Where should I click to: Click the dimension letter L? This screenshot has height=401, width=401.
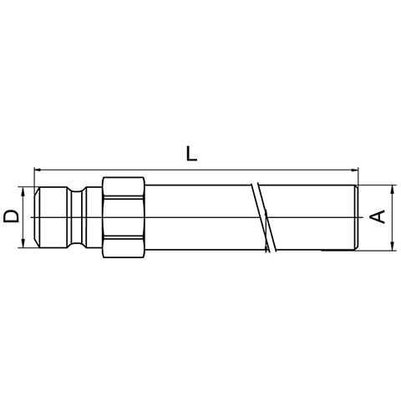191,154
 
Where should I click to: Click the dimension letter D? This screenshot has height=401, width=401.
11,216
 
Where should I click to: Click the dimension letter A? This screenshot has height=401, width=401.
378,216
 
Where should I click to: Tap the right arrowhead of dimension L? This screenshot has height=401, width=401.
355,170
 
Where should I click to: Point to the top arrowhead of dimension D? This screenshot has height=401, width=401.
23,190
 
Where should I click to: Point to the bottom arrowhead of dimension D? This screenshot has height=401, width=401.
23,243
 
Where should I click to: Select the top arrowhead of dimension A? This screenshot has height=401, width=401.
392,189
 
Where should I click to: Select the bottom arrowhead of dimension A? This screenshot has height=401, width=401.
392,246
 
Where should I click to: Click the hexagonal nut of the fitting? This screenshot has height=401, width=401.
124,217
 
